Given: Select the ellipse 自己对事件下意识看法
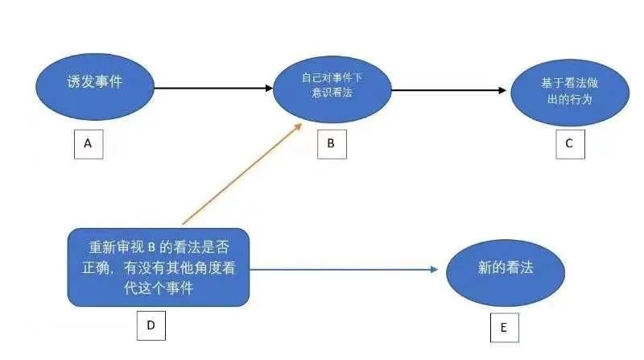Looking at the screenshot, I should tap(328, 86).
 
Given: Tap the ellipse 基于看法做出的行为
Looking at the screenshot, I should tap(569, 91).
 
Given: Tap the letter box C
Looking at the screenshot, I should tap(569, 143).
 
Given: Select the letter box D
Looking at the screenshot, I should tap(151, 325).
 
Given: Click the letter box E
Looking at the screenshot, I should tap(504, 327).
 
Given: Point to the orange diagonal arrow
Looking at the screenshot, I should tap(242, 174).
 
